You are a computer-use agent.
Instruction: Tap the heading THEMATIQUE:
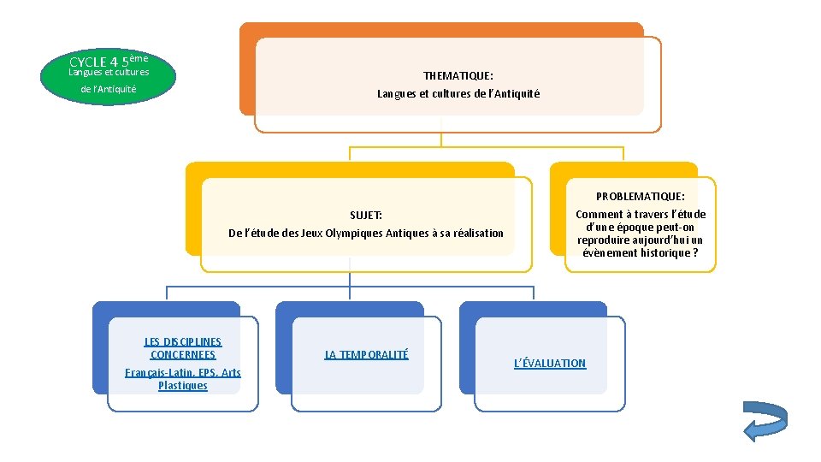point(458,76)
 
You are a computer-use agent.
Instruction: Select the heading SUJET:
point(366,215)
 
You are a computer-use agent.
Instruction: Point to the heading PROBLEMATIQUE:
point(641,197)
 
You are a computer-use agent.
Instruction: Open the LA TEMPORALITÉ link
point(366,354)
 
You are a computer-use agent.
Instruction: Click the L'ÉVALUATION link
point(549,364)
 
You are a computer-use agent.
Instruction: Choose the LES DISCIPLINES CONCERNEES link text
point(182,348)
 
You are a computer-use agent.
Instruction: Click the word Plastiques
point(183,386)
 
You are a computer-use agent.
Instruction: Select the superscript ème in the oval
point(140,58)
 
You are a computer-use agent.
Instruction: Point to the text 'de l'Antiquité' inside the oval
point(109,89)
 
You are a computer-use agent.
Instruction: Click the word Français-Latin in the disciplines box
point(151,373)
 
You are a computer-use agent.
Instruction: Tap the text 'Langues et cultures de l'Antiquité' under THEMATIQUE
point(458,94)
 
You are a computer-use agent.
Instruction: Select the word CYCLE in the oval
point(86,62)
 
